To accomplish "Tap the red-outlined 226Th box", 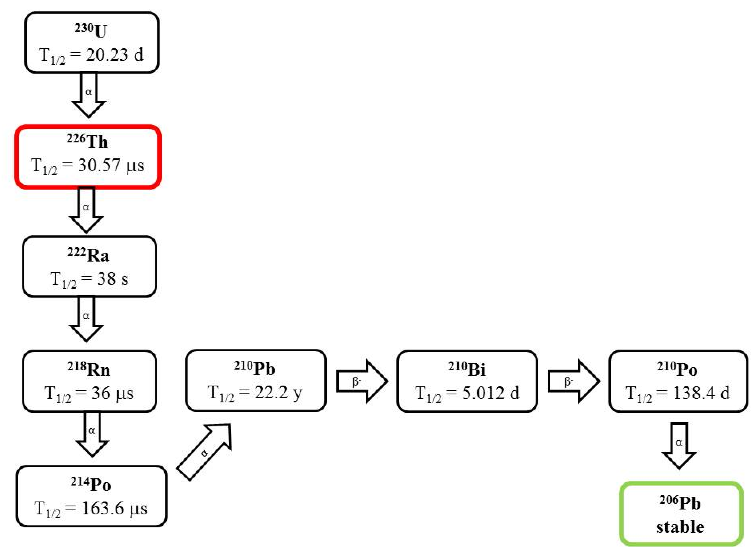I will (x=88, y=156).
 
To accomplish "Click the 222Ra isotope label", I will (x=88, y=255).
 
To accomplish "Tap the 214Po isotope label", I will (x=91, y=484).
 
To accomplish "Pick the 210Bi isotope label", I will (x=467, y=369).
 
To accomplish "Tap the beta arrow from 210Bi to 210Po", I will (x=573, y=381).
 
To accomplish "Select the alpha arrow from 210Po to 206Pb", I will (x=679, y=445).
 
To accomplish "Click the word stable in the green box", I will (x=680, y=527).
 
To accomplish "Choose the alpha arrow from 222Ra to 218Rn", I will (x=86, y=318).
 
